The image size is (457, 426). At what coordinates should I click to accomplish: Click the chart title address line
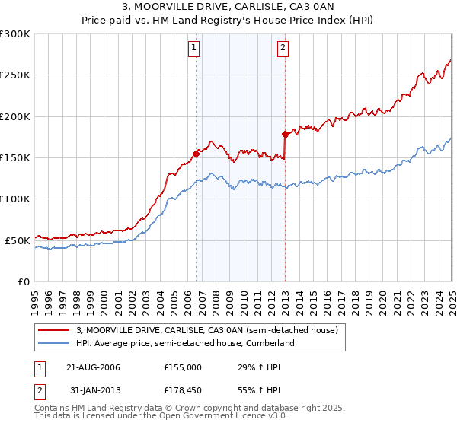click(x=228, y=6)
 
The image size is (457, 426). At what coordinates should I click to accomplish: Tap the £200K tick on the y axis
click(x=15, y=116)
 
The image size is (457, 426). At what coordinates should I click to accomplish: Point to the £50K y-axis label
click(x=18, y=240)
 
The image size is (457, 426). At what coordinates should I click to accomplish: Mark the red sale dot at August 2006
click(x=196, y=154)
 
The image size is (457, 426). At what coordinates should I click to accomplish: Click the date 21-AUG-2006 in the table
click(x=88, y=367)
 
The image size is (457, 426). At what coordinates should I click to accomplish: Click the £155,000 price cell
click(x=183, y=367)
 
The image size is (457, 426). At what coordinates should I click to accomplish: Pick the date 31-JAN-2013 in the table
click(x=87, y=392)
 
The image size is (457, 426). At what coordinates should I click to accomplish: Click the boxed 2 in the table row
click(x=37, y=392)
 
